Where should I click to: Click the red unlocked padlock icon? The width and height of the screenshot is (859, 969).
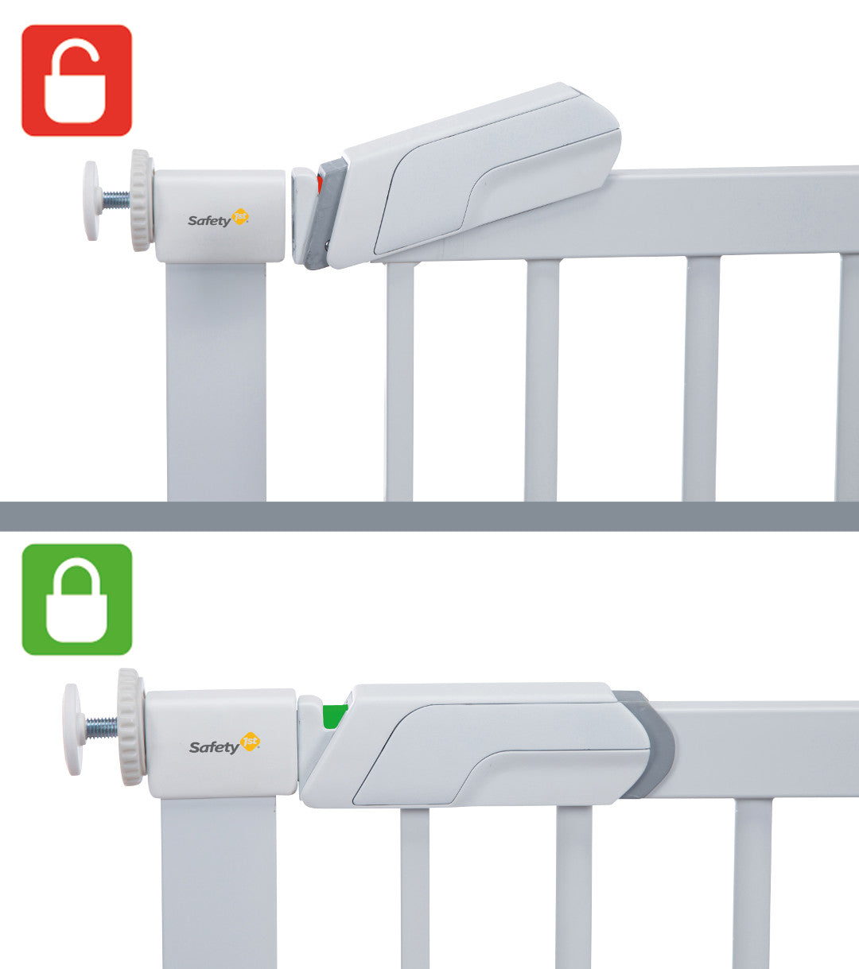(76, 80)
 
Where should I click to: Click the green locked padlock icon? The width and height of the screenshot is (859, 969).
(76, 599)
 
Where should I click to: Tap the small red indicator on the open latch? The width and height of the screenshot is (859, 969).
(320, 184)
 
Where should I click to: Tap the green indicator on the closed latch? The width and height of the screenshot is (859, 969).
(335, 716)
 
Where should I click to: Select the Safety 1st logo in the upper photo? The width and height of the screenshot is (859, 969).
(218, 219)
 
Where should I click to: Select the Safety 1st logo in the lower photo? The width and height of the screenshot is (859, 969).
(224, 744)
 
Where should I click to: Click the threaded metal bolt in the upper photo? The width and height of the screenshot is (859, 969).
(115, 200)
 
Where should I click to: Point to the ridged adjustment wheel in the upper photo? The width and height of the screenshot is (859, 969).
(142, 200)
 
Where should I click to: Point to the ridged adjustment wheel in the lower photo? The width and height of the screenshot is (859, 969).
(130, 727)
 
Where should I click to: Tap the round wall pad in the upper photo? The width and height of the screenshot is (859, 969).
(91, 200)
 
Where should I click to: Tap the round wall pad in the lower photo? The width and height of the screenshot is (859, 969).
(72, 730)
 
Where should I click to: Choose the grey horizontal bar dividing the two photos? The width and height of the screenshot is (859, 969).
(429, 516)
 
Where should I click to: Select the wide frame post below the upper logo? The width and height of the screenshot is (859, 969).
(216, 382)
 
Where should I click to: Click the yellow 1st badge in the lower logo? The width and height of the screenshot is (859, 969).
(250, 742)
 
